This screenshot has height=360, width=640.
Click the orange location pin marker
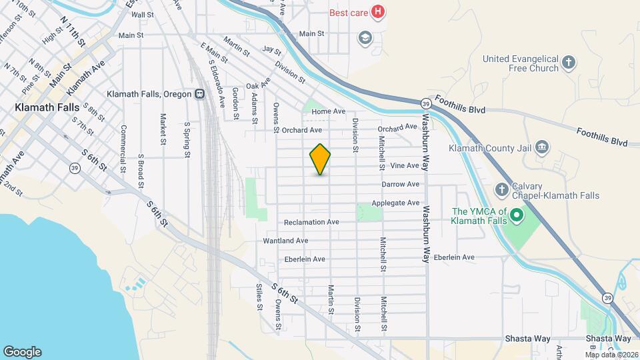[x=321, y=159]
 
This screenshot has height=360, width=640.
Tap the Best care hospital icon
[x=378, y=11]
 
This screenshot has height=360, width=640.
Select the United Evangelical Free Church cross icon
[x=568, y=63]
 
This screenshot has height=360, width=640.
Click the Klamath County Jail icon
[x=541, y=147]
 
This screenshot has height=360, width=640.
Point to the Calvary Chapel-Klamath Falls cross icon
[x=502, y=191]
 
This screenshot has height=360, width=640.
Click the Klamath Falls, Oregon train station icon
[x=199, y=94]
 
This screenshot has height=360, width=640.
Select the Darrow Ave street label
[x=400, y=184]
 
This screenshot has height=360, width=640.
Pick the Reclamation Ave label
[x=311, y=222]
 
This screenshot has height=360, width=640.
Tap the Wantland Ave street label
[x=285, y=240]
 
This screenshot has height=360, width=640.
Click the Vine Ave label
[x=405, y=165]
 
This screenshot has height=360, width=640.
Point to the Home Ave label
[x=329, y=111]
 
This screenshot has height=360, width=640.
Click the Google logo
[x=22, y=352]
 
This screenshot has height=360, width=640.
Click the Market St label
[x=162, y=129]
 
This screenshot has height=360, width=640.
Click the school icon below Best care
[x=364, y=37]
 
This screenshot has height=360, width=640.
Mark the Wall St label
[x=143, y=15]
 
